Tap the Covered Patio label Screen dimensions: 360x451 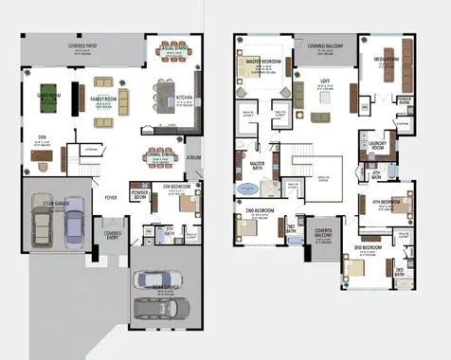[85, 45]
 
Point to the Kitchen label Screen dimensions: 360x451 [185, 97]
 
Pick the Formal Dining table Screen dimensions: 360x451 [164, 156]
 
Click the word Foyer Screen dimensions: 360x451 [111, 198]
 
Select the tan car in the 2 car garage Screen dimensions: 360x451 [44, 225]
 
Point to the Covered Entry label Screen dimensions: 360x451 [113, 232]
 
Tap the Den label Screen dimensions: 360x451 [42, 136]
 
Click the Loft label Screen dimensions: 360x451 [325, 81]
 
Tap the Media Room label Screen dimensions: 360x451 [386, 59]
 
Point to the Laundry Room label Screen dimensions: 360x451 [377, 144]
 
